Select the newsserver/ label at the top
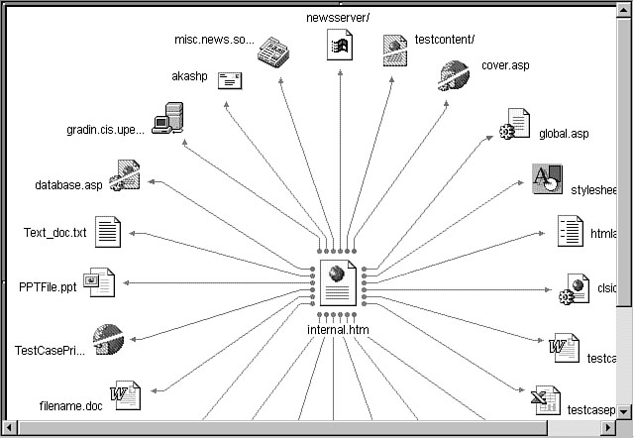click(338, 16)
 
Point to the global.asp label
click(564, 133)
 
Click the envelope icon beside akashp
click(231, 82)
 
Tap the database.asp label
click(68, 185)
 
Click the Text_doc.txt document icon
click(108, 233)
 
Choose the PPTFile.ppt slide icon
click(100, 282)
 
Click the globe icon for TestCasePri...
click(107, 338)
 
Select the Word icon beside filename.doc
click(126, 396)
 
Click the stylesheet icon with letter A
click(547, 180)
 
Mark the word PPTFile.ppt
click(48, 286)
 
